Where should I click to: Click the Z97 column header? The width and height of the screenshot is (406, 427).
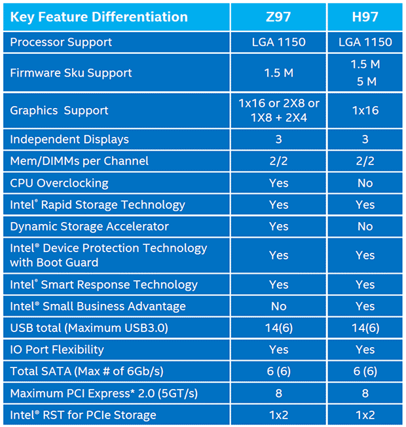[278, 16]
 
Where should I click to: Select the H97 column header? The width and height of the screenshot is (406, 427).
[365, 16]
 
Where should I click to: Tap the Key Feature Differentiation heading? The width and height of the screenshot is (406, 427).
[99, 17]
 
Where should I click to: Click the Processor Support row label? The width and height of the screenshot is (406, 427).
[61, 43]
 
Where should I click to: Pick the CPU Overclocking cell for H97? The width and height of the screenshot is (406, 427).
[365, 183]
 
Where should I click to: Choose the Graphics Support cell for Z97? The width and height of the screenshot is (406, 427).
[278, 110]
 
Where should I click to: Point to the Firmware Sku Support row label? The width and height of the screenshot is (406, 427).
[71, 73]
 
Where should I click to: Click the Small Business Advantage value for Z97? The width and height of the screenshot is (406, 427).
[278, 306]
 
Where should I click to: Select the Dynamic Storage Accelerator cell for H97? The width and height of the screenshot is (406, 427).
[365, 227]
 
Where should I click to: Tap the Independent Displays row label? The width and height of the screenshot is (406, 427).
[69, 139]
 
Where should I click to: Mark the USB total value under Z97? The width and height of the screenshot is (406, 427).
[278, 327]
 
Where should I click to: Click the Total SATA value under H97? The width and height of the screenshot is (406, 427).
[365, 371]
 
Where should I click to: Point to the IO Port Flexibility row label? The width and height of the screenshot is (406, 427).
[57, 350]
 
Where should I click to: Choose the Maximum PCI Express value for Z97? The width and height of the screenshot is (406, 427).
[278, 393]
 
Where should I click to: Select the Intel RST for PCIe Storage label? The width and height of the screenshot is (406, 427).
[83, 415]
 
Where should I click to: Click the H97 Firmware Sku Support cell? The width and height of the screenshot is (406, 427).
[365, 73]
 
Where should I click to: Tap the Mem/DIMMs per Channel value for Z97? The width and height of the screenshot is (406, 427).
[278, 161]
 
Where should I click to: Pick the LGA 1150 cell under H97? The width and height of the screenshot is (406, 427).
[365, 43]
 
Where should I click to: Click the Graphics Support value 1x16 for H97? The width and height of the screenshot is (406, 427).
[365, 110]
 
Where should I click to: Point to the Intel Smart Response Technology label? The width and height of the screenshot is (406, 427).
[103, 284]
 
